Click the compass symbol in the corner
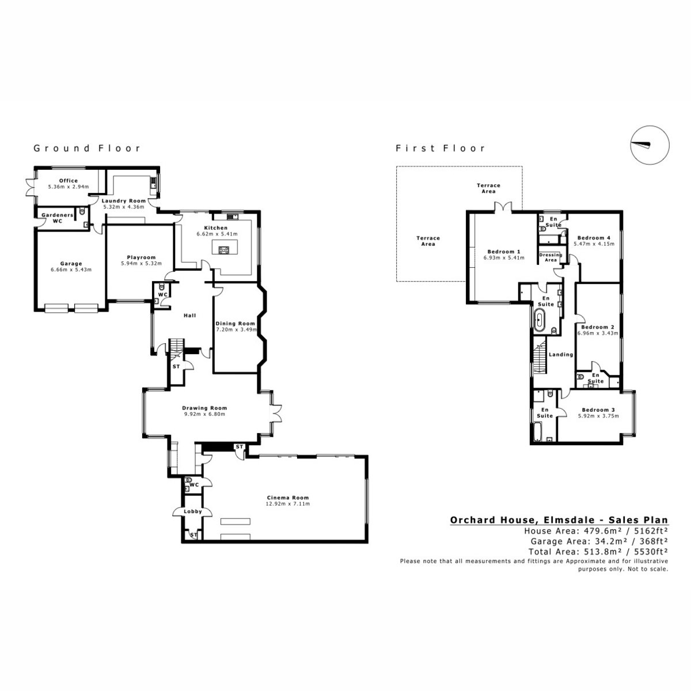click(650, 145)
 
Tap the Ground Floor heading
click(87, 148)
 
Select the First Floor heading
click(440, 148)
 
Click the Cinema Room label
click(287, 498)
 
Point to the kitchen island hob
click(225, 249)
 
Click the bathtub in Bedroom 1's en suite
click(540, 321)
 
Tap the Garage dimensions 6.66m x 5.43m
click(71, 269)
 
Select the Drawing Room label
click(204, 408)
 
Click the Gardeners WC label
click(58, 218)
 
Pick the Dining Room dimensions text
click(236, 329)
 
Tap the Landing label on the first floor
click(561, 354)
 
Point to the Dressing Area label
click(550, 257)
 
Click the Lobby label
click(193, 511)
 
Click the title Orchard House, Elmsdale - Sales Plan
click(559, 520)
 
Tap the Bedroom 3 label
click(598, 410)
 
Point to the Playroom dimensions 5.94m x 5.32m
click(141, 263)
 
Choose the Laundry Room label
click(123, 201)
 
